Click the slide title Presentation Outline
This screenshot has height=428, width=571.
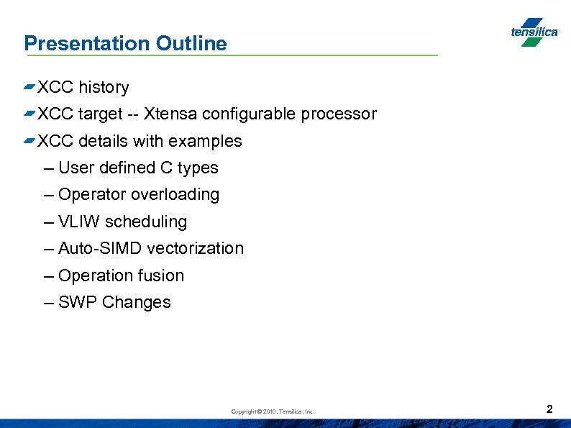125,43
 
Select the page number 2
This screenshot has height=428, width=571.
549,409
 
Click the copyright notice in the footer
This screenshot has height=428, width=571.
273,411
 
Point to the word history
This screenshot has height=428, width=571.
104,88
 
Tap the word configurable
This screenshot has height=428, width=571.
250,114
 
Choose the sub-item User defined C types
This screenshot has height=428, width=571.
138,168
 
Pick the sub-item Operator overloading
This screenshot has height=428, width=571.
139,195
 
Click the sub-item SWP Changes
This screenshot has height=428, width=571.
114,303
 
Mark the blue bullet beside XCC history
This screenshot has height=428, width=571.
29,87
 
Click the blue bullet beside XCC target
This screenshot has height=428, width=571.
29,114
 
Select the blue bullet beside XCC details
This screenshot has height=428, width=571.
29,140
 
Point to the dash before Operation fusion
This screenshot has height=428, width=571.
48,276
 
